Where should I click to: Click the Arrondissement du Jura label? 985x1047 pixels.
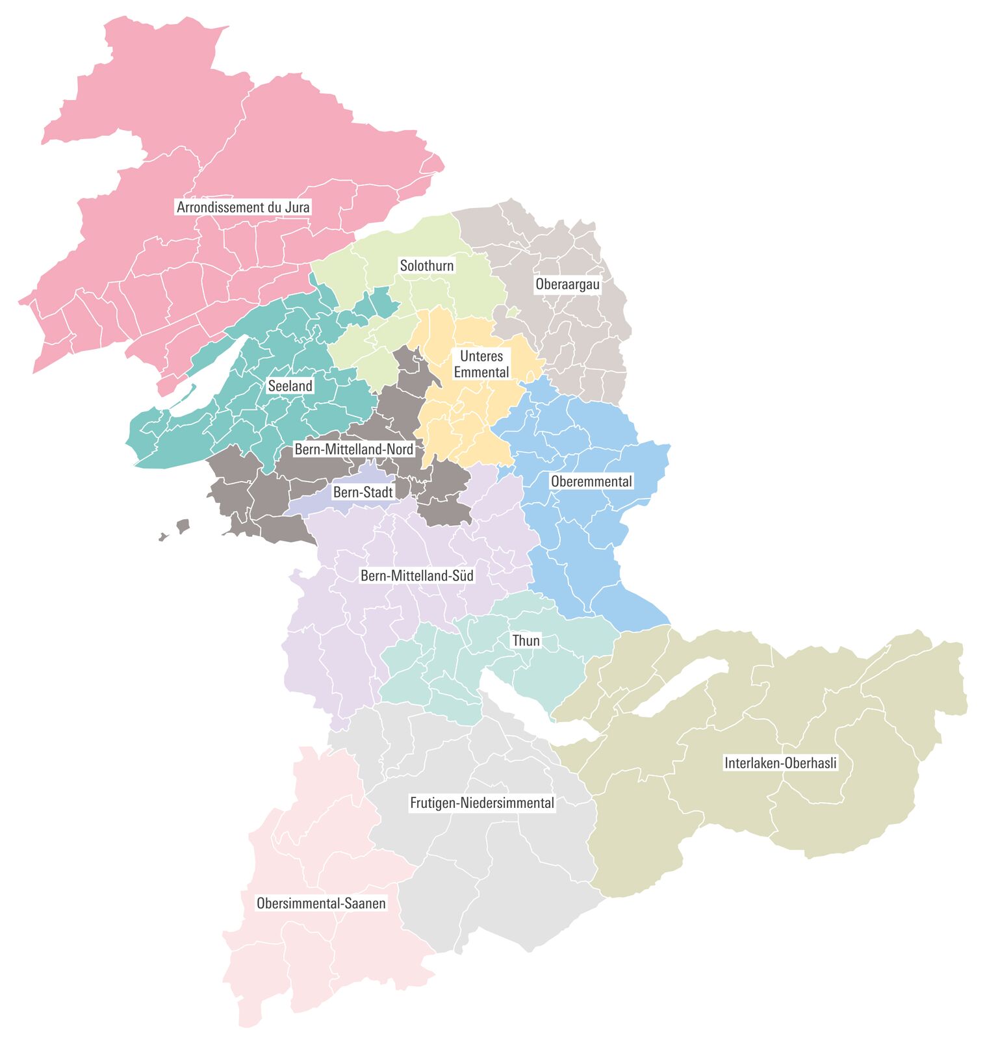243,207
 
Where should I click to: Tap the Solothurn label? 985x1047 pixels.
426,265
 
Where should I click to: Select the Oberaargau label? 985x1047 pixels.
567,284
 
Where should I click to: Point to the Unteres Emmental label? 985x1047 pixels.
481,364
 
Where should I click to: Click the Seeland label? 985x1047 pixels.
290,386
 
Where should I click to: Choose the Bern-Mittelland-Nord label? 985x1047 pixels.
353,449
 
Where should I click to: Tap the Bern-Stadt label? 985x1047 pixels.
363,493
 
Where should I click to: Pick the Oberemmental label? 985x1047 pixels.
591,482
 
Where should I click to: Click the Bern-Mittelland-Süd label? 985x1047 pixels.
416,576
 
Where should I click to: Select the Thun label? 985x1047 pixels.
526,641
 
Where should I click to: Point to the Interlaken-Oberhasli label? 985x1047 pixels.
780,763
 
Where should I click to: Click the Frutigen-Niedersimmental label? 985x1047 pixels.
481,803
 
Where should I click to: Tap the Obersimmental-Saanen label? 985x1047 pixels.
321,903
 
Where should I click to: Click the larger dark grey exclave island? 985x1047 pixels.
183,526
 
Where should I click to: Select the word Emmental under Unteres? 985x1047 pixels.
481,372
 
